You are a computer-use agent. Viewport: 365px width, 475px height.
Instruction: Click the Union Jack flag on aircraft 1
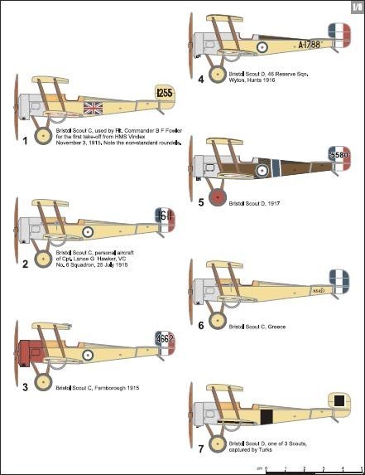(92, 108)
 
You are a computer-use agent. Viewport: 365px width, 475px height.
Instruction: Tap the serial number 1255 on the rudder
(165, 93)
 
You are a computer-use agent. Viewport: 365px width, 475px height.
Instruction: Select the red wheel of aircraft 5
(218, 197)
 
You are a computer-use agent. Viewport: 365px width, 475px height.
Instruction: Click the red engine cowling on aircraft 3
(31, 352)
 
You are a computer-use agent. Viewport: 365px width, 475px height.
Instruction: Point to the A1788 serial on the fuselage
(312, 43)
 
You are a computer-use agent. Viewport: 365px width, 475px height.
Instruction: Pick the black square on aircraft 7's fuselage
(267, 417)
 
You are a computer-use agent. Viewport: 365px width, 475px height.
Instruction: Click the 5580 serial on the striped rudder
(339, 154)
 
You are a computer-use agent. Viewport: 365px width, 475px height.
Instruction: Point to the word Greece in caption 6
(276, 327)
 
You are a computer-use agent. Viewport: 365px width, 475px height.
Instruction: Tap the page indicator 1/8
(354, 7)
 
